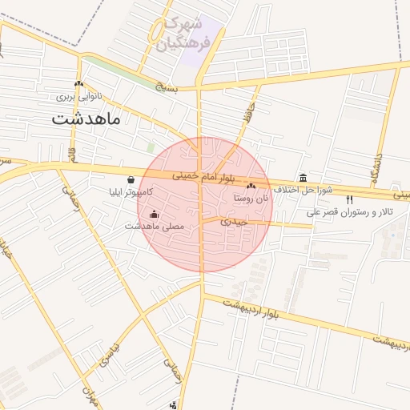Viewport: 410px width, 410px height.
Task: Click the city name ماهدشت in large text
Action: coord(86,120)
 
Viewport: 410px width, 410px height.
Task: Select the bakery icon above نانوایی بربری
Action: coord(78,84)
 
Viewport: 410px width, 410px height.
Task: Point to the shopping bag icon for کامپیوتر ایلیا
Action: coord(131,180)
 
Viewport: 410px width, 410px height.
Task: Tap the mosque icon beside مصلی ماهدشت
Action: coord(154,215)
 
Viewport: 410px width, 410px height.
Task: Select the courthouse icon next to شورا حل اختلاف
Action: coord(302,178)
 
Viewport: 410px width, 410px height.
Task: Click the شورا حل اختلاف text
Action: coord(303,191)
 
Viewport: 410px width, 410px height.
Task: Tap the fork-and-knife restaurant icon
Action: coord(349,199)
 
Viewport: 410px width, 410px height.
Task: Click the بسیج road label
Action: coord(165,86)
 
